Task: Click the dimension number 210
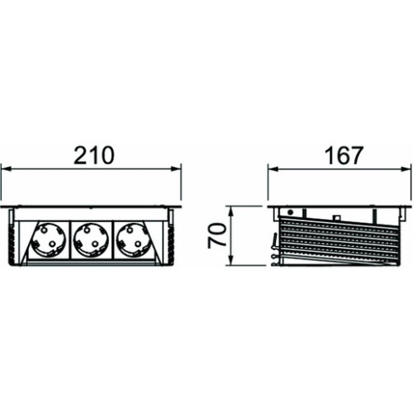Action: [x=93, y=155]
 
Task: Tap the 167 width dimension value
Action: [x=344, y=155]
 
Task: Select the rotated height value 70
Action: [x=217, y=235]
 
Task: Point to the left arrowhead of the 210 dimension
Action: [x=6, y=169]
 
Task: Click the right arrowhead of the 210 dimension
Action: [x=176, y=169]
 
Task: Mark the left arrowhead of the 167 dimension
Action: [x=273, y=169]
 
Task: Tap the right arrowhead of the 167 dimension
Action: [x=407, y=169]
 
